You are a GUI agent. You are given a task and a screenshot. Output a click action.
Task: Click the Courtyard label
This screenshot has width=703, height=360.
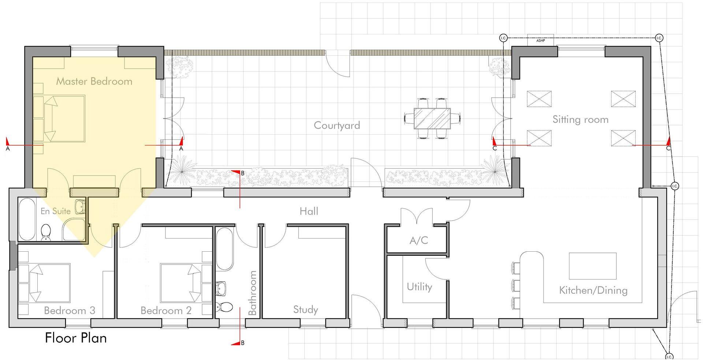pyautogui.click(x=337, y=125)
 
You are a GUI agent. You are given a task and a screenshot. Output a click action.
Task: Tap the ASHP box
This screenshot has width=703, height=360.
pyautogui.click(x=541, y=40)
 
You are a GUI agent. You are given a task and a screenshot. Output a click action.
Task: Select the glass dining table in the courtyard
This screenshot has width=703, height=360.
pyautogui.click(x=432, y=118)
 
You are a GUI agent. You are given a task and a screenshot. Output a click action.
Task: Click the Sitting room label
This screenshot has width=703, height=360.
pyautogui.click(x=580, y=120)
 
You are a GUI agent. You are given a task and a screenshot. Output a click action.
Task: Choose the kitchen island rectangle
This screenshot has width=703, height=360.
pyautogui.click(x=592, y=266)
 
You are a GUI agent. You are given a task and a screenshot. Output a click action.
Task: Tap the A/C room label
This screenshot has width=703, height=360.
pyautogui.click(x=419, y=240)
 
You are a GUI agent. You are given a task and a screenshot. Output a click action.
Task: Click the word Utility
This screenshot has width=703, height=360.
pyautogui.click(x=419, y=287)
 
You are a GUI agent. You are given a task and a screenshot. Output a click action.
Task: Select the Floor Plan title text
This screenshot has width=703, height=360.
pyautogui.click(x=76, y=338)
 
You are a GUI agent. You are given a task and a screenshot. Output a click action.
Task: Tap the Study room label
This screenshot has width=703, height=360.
pyautogui.click(x=305, y=310)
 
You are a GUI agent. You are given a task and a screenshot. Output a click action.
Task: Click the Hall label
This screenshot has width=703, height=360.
pyautogui.click(x=309, y=211)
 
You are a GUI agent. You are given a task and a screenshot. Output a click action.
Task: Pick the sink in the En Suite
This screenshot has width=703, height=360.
pyautogui.click(x=80, y=207)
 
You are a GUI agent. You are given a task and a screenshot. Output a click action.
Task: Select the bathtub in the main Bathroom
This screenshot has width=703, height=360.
pyautogui.click(x=224, y=249)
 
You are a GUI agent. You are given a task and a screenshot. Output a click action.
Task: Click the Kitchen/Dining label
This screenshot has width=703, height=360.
pyautogui.click(x=593, y=290)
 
